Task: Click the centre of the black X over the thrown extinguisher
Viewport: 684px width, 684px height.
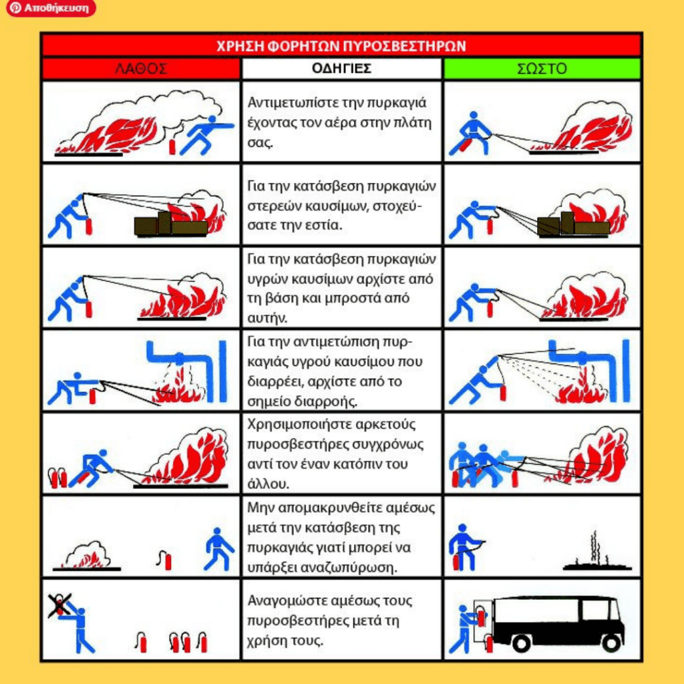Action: (x=59, y=605)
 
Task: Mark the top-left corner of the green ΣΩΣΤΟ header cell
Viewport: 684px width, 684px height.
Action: (x=444, y=59)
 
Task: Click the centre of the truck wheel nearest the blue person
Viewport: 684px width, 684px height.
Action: (x=521, y=642)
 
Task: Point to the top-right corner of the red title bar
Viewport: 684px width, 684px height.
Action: (x=641, y=35)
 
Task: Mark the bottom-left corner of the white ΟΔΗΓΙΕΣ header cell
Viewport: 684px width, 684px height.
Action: (x=242, y=79)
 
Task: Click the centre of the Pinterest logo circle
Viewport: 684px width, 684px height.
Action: (x=16, y=8)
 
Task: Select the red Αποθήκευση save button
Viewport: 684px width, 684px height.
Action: (x=51, y=8)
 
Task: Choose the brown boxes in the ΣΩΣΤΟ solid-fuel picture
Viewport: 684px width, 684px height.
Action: (x=572, y=224)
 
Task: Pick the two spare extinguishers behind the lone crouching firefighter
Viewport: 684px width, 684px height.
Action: (x=57, y=478)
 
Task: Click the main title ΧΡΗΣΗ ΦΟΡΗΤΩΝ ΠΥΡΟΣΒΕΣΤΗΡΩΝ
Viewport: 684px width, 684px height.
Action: (x=341, y=46)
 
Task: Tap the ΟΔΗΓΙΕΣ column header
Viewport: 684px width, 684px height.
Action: (x=341, y=69)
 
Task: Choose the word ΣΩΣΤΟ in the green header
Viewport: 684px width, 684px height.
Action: (x=542, y=69)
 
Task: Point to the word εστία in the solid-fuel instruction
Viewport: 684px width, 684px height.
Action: (x=322, y=225)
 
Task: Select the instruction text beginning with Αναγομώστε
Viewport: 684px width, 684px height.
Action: (x=329, y=621)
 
